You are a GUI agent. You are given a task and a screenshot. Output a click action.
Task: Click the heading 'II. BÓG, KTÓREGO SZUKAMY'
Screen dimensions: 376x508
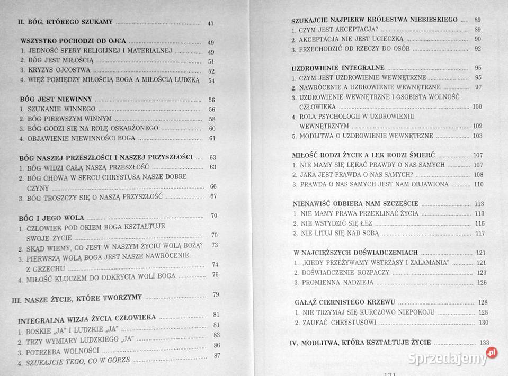65,22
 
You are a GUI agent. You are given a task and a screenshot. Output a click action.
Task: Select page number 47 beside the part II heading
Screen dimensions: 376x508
210,23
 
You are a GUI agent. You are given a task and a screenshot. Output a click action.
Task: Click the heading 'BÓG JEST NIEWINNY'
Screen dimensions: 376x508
56,99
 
